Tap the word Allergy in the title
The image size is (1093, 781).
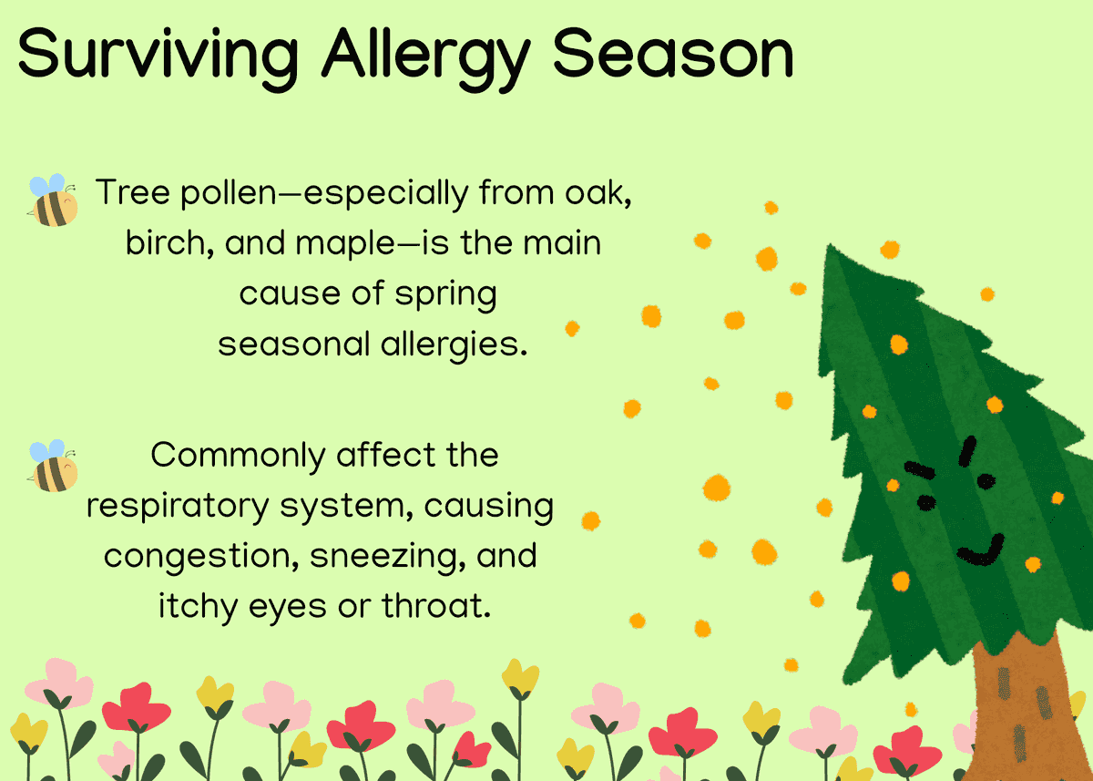[424, 55]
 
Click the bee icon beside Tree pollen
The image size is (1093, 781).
[53, 200]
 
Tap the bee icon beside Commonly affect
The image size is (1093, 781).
[53, 466]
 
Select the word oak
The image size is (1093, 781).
[581, 193]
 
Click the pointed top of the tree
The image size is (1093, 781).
[829, 251]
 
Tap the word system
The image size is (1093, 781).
[345, 507]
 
